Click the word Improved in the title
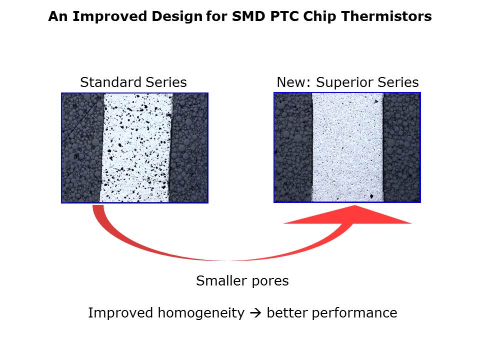(x=95, y=16)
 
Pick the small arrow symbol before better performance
(x=255, y=313)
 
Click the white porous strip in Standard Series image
(x=136, y=147)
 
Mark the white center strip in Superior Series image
(x=347, y=147)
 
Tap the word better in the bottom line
(x=288, y=313)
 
